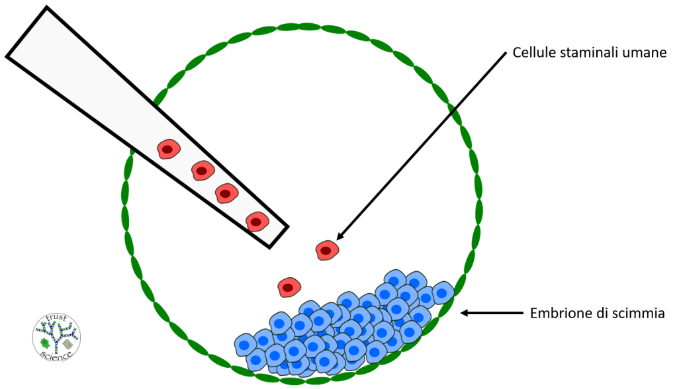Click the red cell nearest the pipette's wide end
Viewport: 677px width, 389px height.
click(167, 150)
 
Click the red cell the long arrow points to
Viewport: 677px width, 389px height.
click(327, 250)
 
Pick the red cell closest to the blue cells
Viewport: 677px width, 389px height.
click(289, 287)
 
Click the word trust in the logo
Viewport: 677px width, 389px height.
click(56, 318)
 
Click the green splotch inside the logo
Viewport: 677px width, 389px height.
click(46, 342)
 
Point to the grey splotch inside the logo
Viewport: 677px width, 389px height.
click(68, 343)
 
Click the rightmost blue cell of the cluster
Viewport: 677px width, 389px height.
click(442, 292)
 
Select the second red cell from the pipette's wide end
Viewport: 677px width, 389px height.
click(203, 171)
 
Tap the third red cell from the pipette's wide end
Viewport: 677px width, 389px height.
click(226, 193)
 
